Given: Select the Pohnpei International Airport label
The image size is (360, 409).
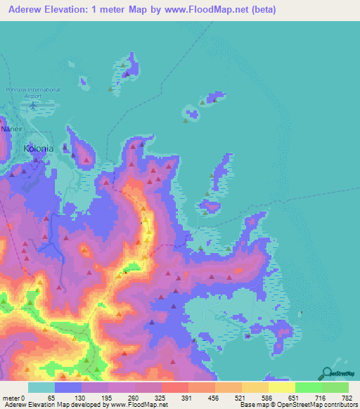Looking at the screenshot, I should click(x=33, y=92).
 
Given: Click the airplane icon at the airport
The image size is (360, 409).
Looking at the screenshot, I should click(x=33, y=105).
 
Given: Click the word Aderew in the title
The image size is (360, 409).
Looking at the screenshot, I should click(x=27, y=10).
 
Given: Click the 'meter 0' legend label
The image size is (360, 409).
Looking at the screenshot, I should click(x=14, y=398).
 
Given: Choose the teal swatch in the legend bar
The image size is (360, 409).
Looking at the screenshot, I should click(x=41, y=387).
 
